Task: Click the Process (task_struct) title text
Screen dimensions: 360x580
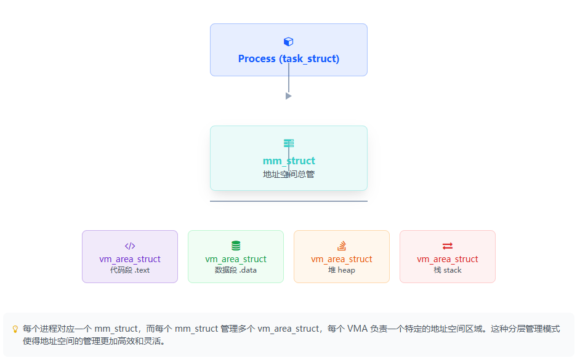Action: [288, 59]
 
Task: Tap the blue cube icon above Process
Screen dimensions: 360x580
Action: [288, 42]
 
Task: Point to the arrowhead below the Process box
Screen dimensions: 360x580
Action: [288, 96]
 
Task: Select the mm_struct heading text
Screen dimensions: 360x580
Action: [288, 161]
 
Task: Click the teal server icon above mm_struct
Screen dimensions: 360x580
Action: [288, 143]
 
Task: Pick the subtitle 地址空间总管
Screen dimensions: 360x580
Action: [288, 174]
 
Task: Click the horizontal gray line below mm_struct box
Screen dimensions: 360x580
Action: [288, 201]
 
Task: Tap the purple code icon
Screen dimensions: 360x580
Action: [130, 246]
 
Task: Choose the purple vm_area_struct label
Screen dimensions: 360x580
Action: [130, 259]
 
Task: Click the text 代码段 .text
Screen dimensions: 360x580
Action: [130, 270]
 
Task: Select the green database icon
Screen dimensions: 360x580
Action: [236, 246]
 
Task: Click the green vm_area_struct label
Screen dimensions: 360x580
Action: [236, 259]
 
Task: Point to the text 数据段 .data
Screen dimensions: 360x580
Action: [236, 270]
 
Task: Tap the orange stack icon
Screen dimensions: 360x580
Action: [342, 246]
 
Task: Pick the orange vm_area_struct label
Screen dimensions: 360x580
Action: [342, 259]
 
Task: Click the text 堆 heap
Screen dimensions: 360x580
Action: [342, 270]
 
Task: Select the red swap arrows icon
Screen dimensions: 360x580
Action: [448, 246]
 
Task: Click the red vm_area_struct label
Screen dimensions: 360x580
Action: [448, 259]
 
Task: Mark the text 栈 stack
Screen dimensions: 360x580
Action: [448, 270]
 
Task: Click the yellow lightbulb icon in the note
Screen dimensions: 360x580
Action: [15, 329]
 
